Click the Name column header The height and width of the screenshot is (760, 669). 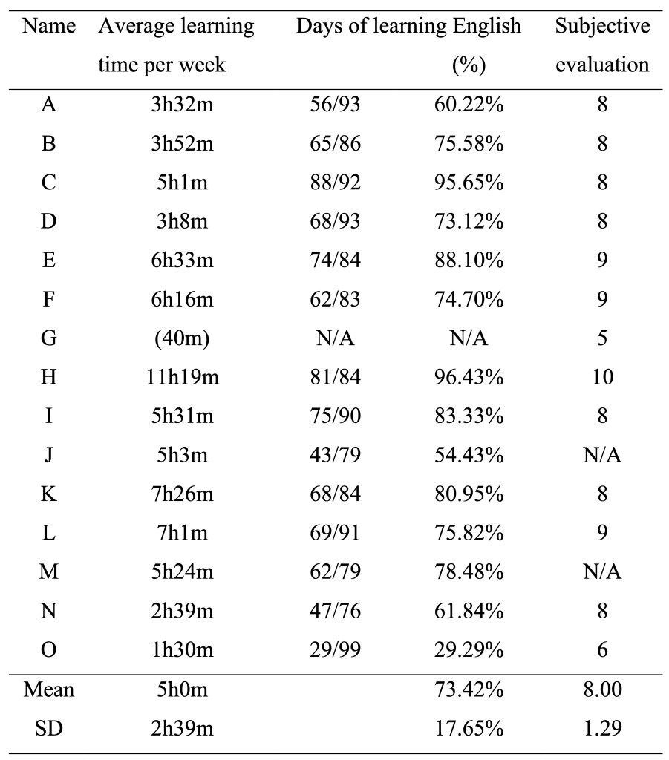pyautogui.click(x=49, y=27)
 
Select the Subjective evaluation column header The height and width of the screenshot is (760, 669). pyautogui.click(x=602, y=45)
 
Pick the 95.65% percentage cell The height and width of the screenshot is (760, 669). pyautogui.click(x=469, y=183)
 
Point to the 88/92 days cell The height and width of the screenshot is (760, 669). pyautogui.click(x=335, y=183)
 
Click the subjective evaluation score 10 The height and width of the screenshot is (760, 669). pyautogui.click(x=602, y=376)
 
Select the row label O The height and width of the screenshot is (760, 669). pyautogui.click(x=49, y=649)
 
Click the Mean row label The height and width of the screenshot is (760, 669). pyautogui.click(x=49, y=690)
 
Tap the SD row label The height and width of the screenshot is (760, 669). pyautogui.click(x=49, y=729)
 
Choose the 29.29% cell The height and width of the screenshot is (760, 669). pyautogui.click(x=469, y=649)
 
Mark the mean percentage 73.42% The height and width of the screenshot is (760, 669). pyautogui.click(x=469, y=690)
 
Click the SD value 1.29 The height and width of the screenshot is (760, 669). pyautogui.click(x=602, y=729)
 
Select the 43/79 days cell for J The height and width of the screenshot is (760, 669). pyautogui.click(x=335, y=454)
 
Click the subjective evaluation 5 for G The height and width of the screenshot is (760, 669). pyautogui.click(x=602, y=338)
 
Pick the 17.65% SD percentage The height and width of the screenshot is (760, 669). pyautogui.click(x=469, y=729)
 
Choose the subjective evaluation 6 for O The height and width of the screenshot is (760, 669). pyautogui.click(x=602, y=649)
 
